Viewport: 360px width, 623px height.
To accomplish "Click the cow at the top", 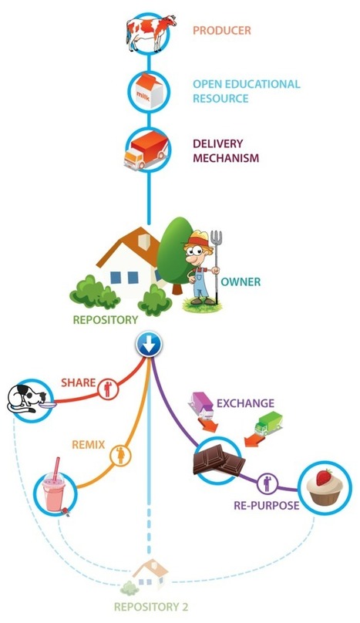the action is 150,32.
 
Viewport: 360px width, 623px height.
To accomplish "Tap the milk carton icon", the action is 150,92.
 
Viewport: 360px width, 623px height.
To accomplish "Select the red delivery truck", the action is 146,152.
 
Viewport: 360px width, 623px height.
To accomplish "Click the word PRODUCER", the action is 222,31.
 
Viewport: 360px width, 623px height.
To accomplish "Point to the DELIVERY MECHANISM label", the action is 226,150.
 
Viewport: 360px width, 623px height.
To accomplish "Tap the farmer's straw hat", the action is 197,239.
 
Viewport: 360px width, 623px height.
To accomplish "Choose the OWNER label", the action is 241,281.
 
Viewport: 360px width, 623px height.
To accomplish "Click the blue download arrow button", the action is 149,345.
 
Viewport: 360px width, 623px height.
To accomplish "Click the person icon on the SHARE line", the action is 107,389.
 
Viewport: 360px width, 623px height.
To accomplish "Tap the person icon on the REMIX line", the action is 121,455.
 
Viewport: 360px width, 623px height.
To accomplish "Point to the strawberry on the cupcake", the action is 325,477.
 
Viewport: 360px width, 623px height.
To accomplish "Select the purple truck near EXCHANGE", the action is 201,404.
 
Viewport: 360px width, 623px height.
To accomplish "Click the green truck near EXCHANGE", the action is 268,423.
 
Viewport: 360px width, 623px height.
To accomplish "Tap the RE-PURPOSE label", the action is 266,505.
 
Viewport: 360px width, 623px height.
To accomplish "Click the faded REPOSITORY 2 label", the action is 151,607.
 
